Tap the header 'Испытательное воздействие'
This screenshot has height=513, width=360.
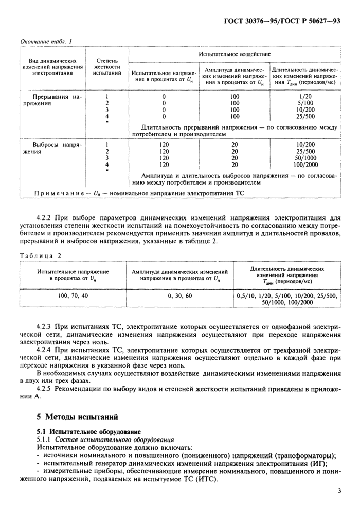235,54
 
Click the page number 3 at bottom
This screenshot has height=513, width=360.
339,491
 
